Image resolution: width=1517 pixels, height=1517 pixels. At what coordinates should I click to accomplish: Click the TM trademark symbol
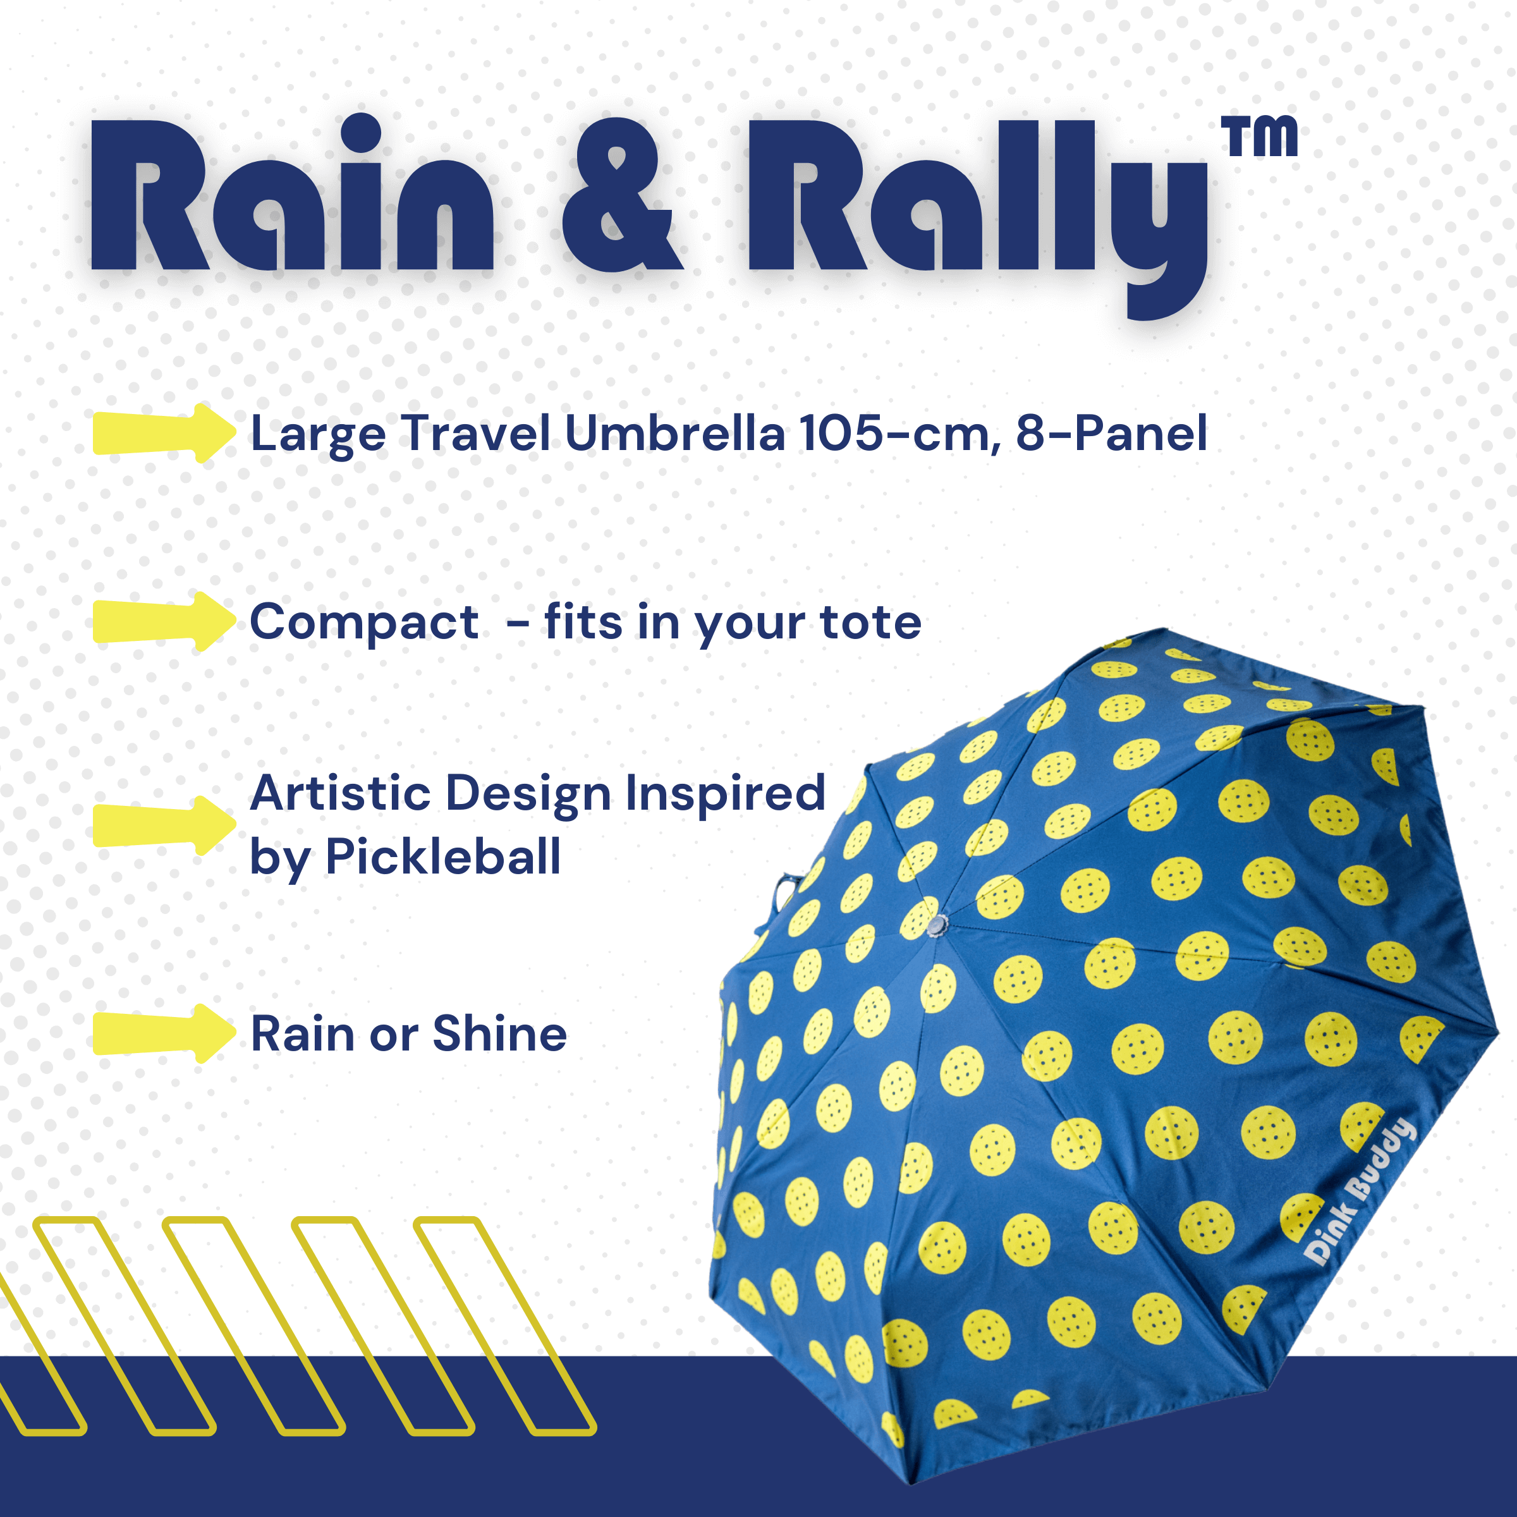click(x=1258, y=137)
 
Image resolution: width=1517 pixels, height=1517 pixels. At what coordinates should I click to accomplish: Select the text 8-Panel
click(x=1111, y=434)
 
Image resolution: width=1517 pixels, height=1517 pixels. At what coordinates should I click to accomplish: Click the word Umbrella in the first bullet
click(x=674, y=434)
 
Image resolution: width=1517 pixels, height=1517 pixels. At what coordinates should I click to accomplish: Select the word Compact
click(x=364, y=624)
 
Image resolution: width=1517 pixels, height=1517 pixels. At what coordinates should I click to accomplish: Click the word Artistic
click(x=341, y=793)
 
